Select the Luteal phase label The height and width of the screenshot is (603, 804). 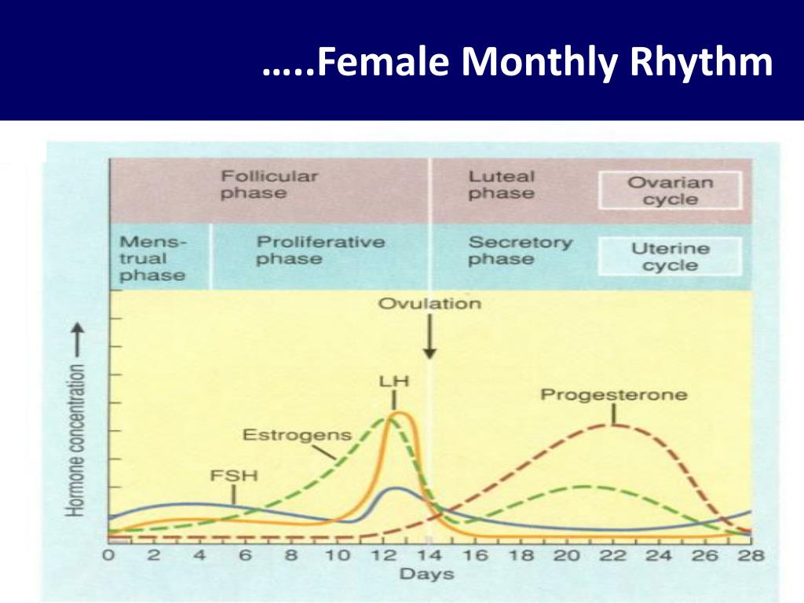coord(502,185)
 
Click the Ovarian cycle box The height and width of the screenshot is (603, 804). coord(670,191)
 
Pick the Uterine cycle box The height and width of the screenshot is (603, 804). coord(670,257)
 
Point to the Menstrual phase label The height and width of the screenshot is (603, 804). coord(153,258)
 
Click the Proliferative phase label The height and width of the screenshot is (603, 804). coord(320,250)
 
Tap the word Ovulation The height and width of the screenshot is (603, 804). coord(429,303)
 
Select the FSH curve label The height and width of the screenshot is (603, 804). coord(233,476)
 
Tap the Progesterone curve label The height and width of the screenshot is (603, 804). coord(613,394)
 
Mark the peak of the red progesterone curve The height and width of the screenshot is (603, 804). coord(612,425)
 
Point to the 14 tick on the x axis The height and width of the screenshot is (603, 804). coord(429,555)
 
